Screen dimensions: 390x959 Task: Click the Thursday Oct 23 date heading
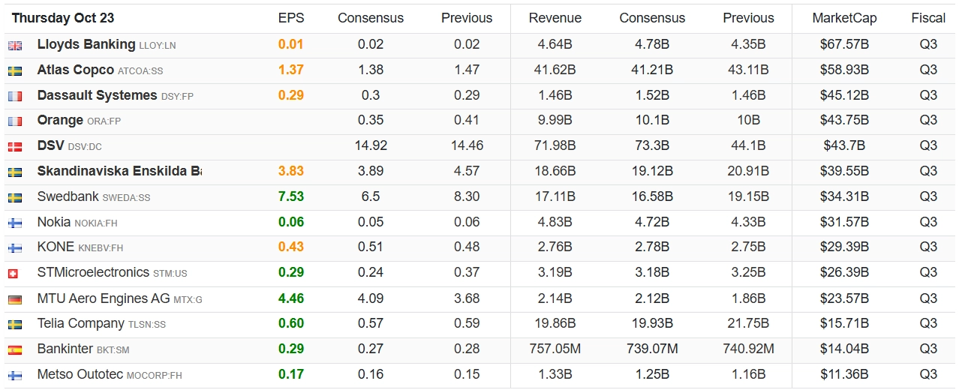(63, 18)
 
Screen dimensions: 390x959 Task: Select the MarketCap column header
(844, 18)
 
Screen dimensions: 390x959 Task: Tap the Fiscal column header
(928, 18)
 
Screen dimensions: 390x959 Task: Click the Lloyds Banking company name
(86, 44)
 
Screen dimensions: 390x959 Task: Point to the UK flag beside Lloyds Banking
(15, 46)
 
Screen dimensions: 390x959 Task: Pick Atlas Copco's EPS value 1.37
(291, 70)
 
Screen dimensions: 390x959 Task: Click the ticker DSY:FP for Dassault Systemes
(177, 96)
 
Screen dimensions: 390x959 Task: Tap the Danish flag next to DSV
(15, 147)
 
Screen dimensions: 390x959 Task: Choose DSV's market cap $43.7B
(844, 145)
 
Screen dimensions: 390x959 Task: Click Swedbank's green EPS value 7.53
(291, 196)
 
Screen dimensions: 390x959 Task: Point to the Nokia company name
(54, 221)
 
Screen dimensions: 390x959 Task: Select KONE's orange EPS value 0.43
(291, 247)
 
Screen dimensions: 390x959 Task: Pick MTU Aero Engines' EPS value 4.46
(291, 298)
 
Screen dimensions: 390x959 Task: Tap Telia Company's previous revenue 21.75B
(748, 323)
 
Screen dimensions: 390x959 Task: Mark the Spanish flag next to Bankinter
(15, 350)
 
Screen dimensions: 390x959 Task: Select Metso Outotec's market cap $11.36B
(844, 374)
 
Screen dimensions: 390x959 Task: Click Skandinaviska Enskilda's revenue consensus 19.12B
(652, 171)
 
